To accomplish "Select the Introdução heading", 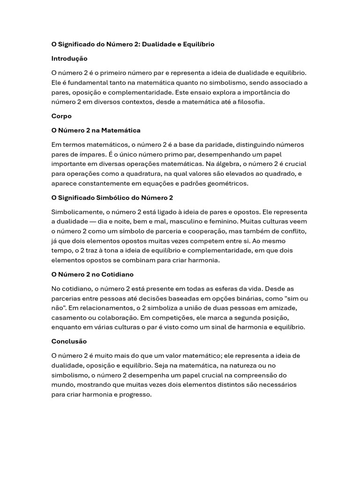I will [69, 59].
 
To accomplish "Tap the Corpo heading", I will [61, 116].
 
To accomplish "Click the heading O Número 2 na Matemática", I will [96, 130].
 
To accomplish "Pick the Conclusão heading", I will [69, 341].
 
